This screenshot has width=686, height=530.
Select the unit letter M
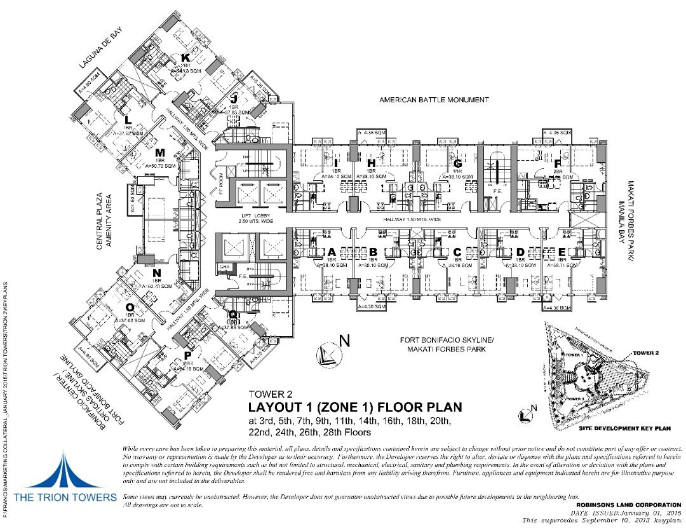pyautogui.click(x=160, y=153)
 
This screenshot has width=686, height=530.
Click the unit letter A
pyautogui.click(x=331, y=250)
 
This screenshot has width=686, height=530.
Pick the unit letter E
pyautogui.click(x=562, y=251)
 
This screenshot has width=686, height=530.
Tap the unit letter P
pyautogui.click(x=187, y=355)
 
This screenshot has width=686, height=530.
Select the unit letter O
pyautogui.click(x=130, y=308)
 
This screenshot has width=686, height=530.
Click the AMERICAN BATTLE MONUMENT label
pyautogui.click(x=434, y=100)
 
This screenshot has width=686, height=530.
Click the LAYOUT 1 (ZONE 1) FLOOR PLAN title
pyautogui.click(x=355, y=407)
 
